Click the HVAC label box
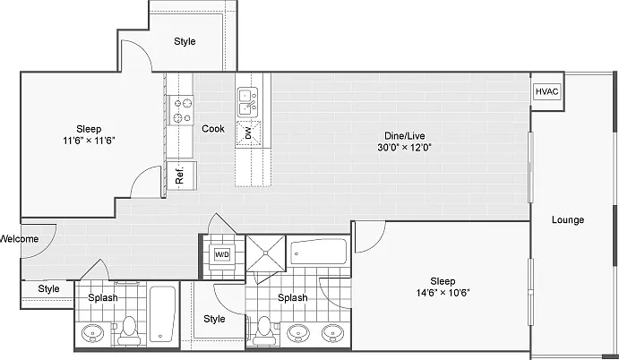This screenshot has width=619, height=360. point(547,91)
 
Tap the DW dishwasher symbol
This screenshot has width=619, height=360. point(248,133)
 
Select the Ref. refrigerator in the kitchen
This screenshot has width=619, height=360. point(181,176)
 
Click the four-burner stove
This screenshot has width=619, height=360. point(183,110)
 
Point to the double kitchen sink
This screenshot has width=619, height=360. point(248,102)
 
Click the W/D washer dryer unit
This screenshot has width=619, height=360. point(222,254)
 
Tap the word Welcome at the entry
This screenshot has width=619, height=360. point(20,239)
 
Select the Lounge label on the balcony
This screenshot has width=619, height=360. point(568,220)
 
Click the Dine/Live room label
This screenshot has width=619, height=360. point(405,136)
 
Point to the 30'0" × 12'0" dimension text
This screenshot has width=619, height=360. point(405,148)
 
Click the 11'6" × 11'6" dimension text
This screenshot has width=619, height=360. point(89,141)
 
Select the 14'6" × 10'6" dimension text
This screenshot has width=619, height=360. point(443,293)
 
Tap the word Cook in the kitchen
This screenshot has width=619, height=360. point(213,129)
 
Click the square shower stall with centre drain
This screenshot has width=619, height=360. point(266,253)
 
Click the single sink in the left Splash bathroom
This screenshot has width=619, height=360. point(93,333)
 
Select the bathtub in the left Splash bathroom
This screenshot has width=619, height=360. point(162,313)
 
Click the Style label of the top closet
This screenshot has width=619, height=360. point(185,41)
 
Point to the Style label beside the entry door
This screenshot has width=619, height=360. point(48,289)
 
